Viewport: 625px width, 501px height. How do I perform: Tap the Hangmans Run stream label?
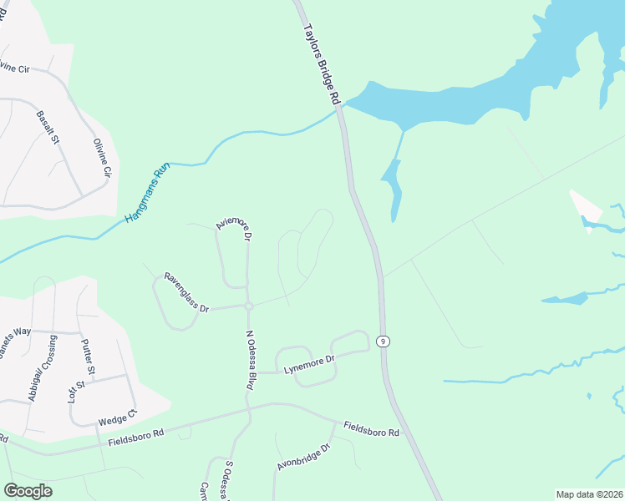[147, 193]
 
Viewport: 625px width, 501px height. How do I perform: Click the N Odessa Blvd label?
[249, 360]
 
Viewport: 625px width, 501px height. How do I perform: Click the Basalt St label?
[48, 127]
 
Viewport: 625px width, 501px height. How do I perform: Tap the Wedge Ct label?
[117, 418]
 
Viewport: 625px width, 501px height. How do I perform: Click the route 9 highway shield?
[383, 341]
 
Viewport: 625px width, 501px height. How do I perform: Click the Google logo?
[28, 491]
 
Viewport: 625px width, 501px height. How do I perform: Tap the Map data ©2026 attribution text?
[587, 494]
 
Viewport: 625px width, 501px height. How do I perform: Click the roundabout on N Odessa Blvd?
[249, 306]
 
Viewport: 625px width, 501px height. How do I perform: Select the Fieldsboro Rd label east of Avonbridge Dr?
[371, 428]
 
